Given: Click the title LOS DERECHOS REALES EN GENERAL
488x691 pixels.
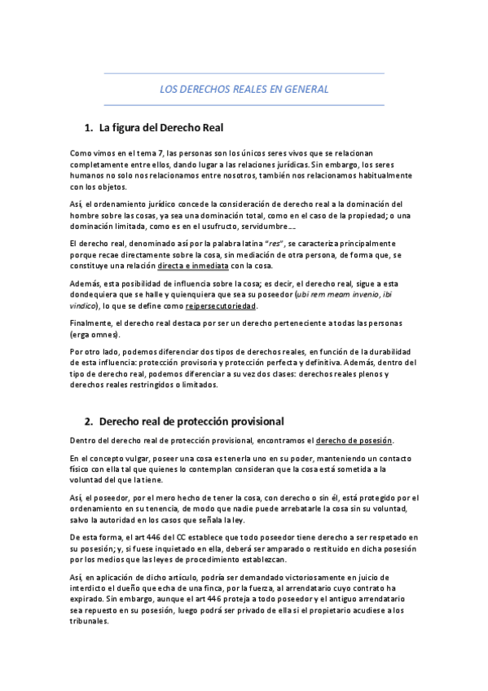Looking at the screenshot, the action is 244,90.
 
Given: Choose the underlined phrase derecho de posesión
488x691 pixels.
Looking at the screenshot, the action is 353,441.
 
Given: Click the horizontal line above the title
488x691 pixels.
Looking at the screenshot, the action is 244,74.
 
